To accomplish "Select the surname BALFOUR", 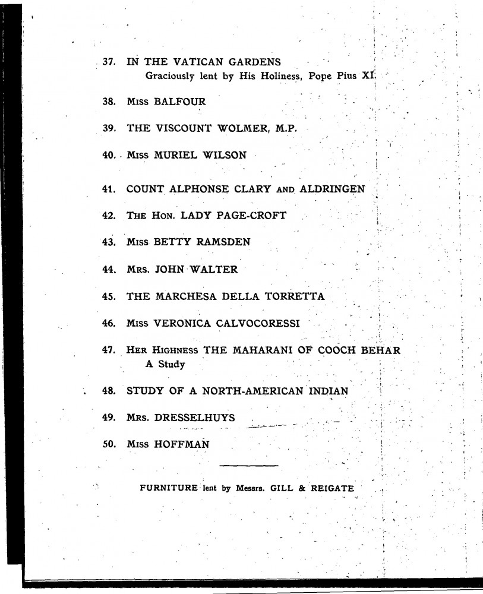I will [x=180, y=102].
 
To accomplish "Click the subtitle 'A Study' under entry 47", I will [x=165, y=364].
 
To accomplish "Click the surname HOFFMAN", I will [x=181, y=444].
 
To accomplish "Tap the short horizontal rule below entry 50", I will [x=248, y=465].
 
